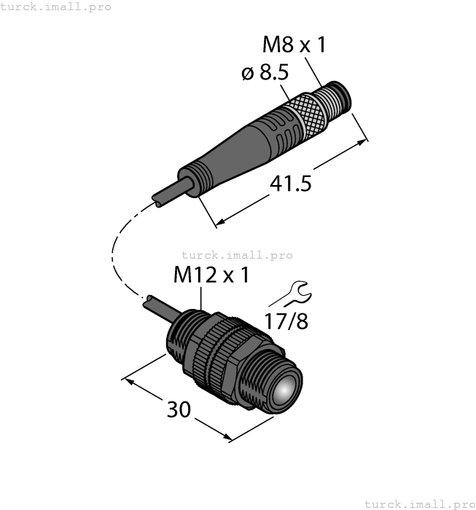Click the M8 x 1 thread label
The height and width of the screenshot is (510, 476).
(294, 45)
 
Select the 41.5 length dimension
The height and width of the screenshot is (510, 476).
(290, 184)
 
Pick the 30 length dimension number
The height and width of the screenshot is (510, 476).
(179, 409)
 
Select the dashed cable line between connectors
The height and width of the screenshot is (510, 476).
(117, 248)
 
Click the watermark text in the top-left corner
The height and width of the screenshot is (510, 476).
(55, 7)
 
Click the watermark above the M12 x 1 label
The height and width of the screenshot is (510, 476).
(236, 255)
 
